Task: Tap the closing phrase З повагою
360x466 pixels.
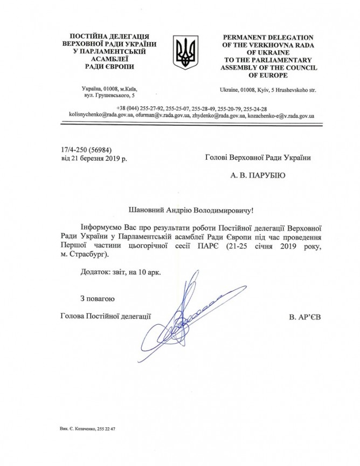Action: pyautogui.click(x=96, y=298)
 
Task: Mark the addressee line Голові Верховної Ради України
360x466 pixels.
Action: pyautogui.click(x=258, y=157)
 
